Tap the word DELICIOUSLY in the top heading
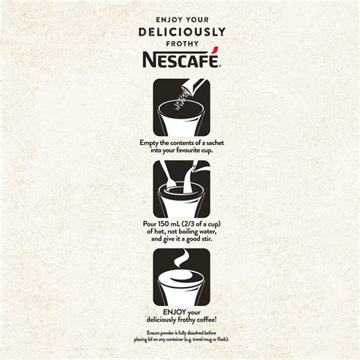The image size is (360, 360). [x=180, y=31]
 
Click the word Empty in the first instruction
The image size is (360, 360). [x=151, y=143]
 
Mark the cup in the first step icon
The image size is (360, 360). [x=179, y=120]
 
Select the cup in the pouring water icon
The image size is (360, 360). [x=179, y=201]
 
